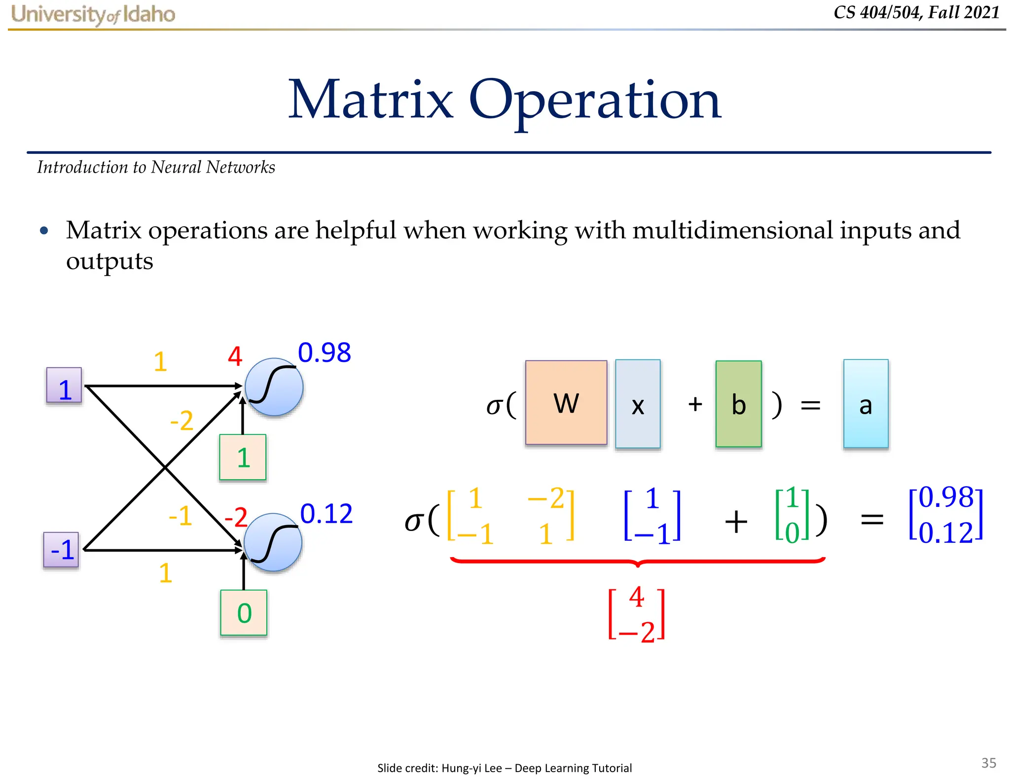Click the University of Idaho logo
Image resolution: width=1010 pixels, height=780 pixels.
pyautogui.click(x=93, y=14)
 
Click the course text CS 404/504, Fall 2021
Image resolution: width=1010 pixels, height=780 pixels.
pyautogui.click(x=916, y=12)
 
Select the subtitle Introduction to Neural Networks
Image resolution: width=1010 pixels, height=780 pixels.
pyautogui.click(x=156, y=168)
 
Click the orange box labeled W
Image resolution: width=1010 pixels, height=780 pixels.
pyautogui.click(x=566, y=402)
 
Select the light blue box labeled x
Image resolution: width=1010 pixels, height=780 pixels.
pyautogui.click(x=638, y=404)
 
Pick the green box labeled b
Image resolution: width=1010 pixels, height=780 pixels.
pyautogui.click(x=738, y=404)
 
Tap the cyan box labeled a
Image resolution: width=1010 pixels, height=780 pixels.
pyautogui.click(x=866, y=404)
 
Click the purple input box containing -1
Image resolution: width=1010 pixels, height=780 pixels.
pyautogui.click(x=61, y=550)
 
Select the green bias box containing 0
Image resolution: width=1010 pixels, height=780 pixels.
pyautogui.click(x=244, y=613)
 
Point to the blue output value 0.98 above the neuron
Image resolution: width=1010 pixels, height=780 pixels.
pyautogui.click(x=325, y=353)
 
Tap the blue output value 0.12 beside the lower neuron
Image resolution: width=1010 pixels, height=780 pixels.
pyautogui.click(x=326, y=514)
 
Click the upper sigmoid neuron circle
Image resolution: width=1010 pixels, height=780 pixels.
pyautogui.click(x=274, y=387)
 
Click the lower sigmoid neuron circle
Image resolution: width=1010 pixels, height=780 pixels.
pyautogui.click(x=273, y=542)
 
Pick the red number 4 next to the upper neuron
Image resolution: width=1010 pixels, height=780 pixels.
pyautogui.click(x=235, y=356)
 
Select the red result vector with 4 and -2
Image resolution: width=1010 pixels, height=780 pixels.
pyautogui.click(x=637, y=614)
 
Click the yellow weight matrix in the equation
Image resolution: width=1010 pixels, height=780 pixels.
pyautogui.click(x=510, y=516)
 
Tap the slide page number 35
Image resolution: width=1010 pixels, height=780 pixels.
pyautogui.click(x=988, y=763)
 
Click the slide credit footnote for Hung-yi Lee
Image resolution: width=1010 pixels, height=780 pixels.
pyautogui.click(x=504, y=768)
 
